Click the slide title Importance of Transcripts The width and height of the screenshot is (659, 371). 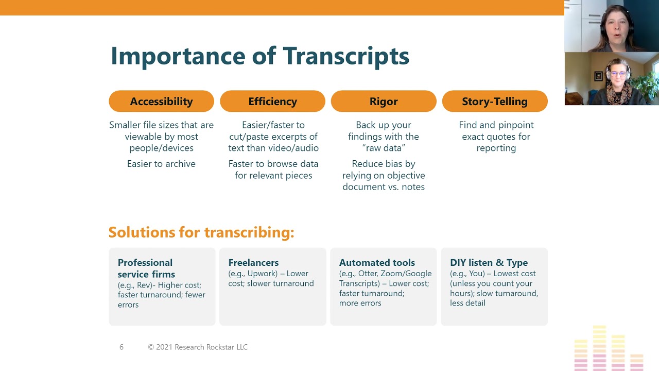(260, 56)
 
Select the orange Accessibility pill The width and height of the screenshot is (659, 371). (161, 102)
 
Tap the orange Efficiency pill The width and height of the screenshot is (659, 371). (272, 102)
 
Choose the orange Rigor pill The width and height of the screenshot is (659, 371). (384, 102)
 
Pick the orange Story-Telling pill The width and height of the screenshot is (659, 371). (495, 102)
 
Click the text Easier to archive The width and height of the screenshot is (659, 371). (161, 164)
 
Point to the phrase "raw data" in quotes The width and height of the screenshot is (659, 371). (384, 148)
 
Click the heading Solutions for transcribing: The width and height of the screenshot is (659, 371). (201, 232)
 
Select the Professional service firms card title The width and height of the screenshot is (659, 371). (146, 268)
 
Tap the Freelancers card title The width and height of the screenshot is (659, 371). (254, 263)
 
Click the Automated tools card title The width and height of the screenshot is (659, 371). (377, 263)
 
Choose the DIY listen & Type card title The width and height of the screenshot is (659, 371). (489, 263)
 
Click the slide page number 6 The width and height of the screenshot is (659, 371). (122, 347)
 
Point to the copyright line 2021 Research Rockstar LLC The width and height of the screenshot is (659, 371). (198, 347)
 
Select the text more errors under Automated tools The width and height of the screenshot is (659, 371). (360, 303)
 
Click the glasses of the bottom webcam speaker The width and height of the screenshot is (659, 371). (617, 74)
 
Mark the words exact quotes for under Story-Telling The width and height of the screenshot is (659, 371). (496, 137)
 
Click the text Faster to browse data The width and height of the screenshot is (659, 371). (273, 164)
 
